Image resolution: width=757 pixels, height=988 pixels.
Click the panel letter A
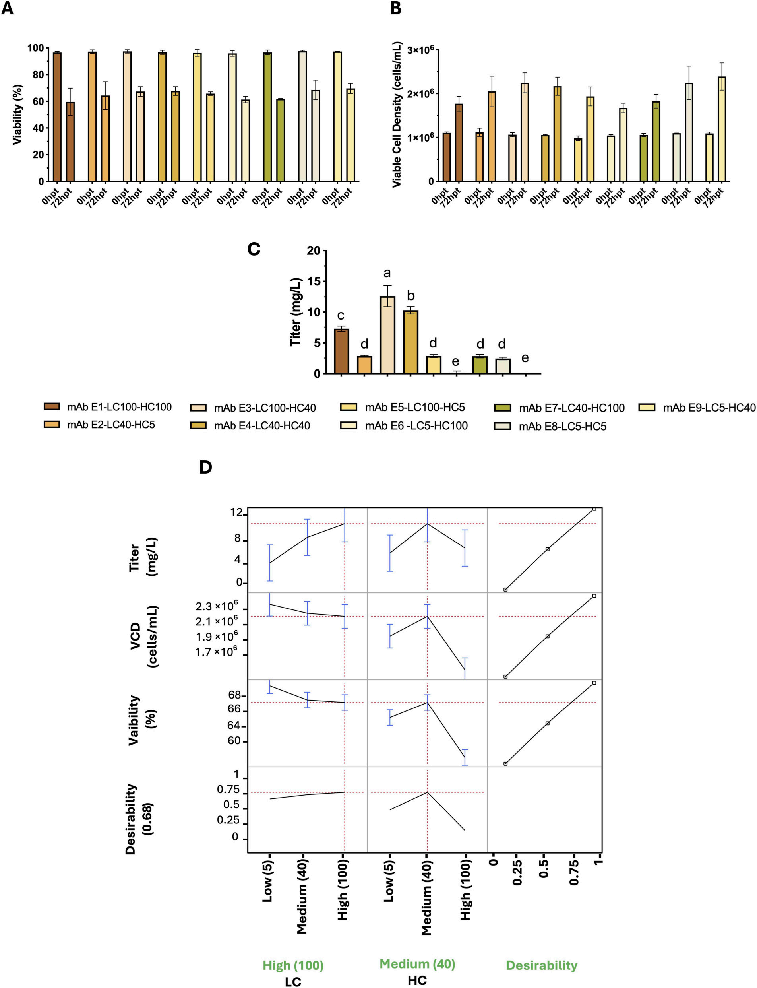(7, 9)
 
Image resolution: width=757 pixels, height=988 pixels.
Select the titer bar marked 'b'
(410, 342)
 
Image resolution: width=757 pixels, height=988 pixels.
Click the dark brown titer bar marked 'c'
(342, 351)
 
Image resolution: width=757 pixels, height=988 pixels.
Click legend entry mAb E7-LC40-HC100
(571, 408)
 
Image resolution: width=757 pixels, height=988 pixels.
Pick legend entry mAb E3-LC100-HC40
(265, 408)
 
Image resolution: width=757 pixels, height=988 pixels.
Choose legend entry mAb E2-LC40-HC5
(111, 425)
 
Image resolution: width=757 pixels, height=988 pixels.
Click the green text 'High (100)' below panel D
(293, 965)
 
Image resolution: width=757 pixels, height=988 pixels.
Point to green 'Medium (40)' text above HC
(417, 964)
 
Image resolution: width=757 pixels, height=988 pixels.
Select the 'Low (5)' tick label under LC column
(268, 881)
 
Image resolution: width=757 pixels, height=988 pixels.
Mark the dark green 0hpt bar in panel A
(267, 117)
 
